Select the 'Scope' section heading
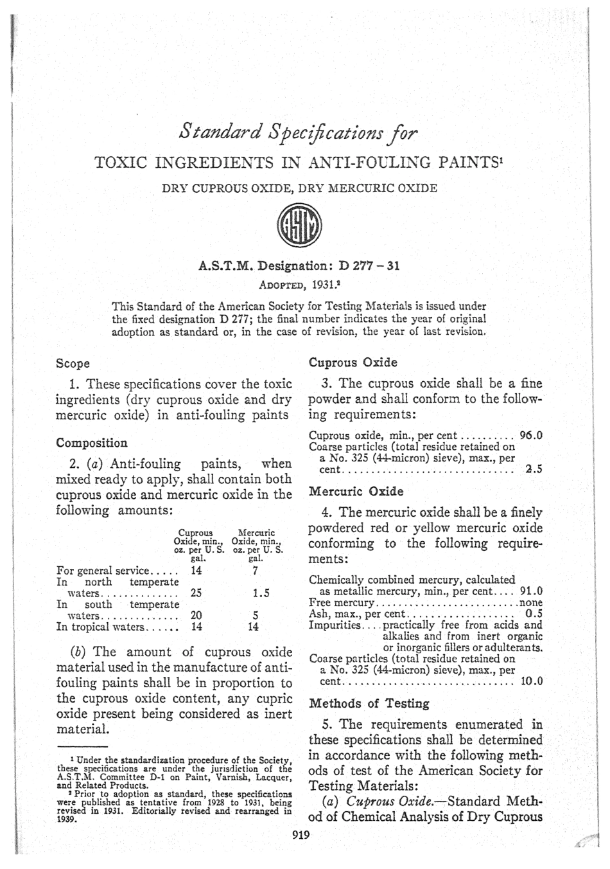click(x=73, y=364)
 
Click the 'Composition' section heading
click(x=92, y=443)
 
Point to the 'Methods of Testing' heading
click(x=360, y=703)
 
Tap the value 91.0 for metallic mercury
click(x=530, y=591)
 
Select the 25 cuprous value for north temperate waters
click(x=196, y=594)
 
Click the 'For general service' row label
click(x=103, y=571)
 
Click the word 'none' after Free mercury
click(x=530, y=603)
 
